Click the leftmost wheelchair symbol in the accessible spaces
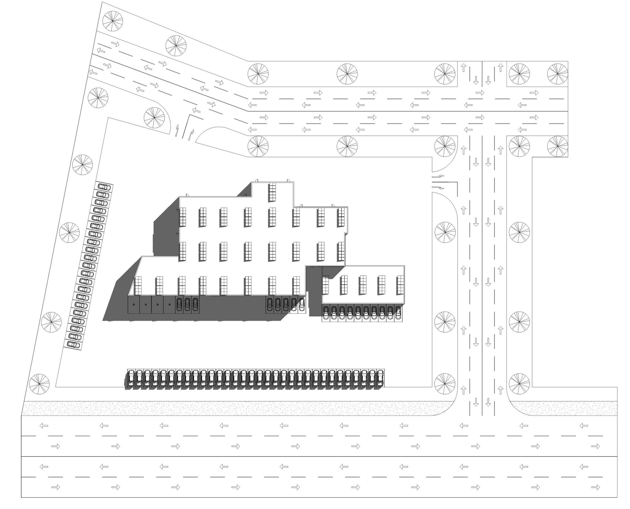pyautogui.click(x=134, y=305)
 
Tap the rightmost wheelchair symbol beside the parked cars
pyautogui.click(x=169, y=305)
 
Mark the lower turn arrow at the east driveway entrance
pyautogui.click(x=438, y=187)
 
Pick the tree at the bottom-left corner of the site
pyautogui.click(x=39, y=384)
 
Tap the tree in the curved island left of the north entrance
pyautogui.click(x=154, y=117)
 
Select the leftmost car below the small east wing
pyautogui.click(x=325, y=313)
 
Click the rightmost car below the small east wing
pyautogui.click(x=398, y=313)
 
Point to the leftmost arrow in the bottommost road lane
pyautogui.click(x=56, y=487)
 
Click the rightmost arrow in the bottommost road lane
pyautogui.click(x=595, y=487)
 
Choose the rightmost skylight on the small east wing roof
pyautogui.click(x=400, y=284)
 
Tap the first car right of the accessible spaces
pyautogui.click(x=179, y=304)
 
